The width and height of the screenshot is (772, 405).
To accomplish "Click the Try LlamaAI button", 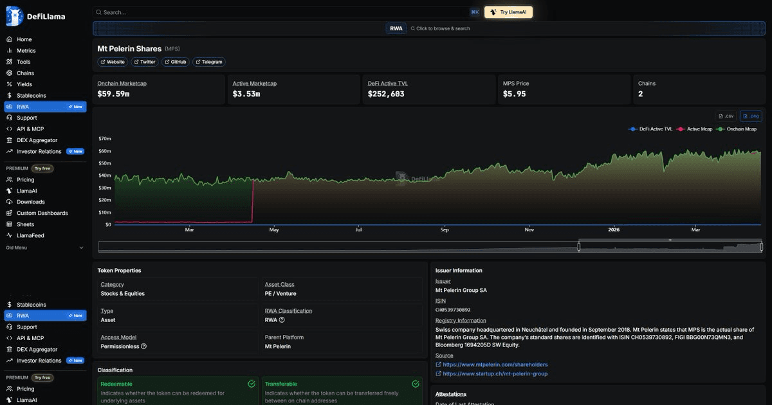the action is tap(508, 12).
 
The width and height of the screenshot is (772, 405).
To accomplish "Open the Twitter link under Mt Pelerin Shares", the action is tap(144, 62).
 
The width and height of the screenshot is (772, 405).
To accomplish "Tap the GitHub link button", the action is tap(176, 62).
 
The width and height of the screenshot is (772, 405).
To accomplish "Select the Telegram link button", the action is tap(209, 62).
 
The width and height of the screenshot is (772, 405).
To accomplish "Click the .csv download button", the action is tap(726, 116).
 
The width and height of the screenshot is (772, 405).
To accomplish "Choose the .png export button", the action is tap(751, 116).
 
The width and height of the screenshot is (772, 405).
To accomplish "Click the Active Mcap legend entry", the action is tap(694, 129).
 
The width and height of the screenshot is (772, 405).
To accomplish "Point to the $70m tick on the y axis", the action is tap(105, 138).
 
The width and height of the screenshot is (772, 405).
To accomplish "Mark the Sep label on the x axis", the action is tap(445, 230).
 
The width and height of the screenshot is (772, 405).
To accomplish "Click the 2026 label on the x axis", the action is tap(614, 230).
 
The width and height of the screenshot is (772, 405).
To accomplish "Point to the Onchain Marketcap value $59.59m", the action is tap(113, 94).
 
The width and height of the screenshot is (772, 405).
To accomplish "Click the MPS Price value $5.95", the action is tap(514, 94).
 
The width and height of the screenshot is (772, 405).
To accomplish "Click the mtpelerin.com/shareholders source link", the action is tap(495, 364).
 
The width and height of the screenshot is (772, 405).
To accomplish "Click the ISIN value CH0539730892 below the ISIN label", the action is tap(453, 310).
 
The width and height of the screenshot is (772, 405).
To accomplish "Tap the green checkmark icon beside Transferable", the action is tap(416, 384).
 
